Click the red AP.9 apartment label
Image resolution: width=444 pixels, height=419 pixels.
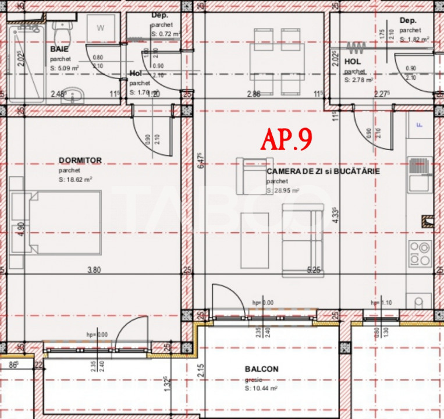pos(286,139)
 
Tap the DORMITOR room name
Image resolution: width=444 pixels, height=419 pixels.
pos(80,161)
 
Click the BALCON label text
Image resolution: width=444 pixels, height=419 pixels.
pos(261,369)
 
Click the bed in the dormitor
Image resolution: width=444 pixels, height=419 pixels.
pos(64,222)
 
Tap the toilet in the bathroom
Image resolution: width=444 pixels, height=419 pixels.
pos(60,26)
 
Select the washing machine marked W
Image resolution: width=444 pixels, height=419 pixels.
pos(101,28)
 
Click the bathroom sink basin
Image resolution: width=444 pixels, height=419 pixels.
pos(72,95)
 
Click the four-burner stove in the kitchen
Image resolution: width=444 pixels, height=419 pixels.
pos(420,253)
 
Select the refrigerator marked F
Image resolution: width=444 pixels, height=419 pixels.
pos(418,125)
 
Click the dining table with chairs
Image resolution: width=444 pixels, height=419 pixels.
pos(274,61)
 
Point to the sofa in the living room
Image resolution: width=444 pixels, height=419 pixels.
pos(301,240)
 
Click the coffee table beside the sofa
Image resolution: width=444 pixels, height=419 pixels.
pos(254,239)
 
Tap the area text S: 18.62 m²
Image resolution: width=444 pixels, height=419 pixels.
pos(76,180)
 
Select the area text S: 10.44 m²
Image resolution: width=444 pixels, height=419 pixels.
pos(261,388)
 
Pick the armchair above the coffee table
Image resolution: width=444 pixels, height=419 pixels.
pos(250,176)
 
